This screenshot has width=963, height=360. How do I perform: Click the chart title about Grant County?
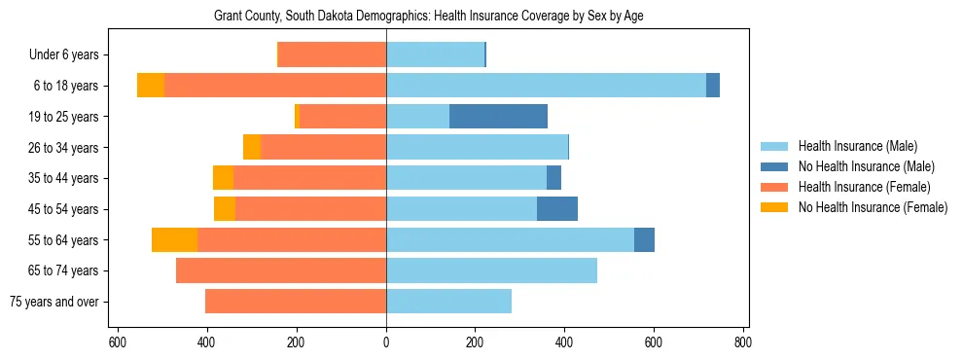[x=428, y=17]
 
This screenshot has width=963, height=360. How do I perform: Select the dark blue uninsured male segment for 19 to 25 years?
[x=498, y=117]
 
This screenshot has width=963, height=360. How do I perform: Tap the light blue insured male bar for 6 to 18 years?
[x=546, y=86]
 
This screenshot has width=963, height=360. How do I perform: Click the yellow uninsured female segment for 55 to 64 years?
[x=174, y=239]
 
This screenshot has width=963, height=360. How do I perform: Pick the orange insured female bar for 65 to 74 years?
[x=281, y=270]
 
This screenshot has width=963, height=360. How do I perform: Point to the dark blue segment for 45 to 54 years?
[x=557, y=209]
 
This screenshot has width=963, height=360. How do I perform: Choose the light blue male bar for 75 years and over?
[x=448, y=302]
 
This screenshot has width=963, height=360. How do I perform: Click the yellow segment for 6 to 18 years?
[x=151, y=86]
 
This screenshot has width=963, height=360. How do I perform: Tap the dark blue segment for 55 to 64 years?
[x=644, y=239]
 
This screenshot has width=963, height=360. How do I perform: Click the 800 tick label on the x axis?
[x=743, y=342]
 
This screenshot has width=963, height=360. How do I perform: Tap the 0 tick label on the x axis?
[x=386, y=342]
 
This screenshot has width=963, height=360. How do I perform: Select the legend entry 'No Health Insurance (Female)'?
[x=873, y=207]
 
